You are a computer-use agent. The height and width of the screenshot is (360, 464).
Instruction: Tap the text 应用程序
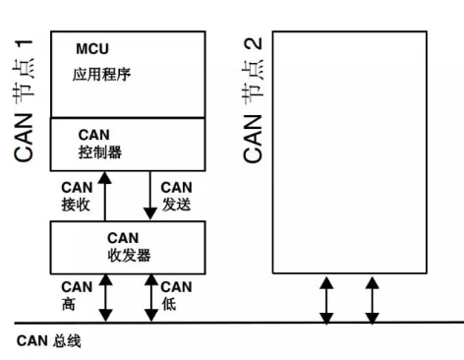click(x=100, y=75)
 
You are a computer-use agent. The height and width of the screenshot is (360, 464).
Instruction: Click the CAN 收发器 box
click(x=128, y=247)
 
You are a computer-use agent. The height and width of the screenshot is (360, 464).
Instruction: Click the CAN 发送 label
click(x=176, y=195)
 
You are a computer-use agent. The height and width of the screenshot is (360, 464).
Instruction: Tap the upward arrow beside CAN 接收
click(x=105, y=195)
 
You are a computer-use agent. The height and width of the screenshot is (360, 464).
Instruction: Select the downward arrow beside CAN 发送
click(x=149, y=195)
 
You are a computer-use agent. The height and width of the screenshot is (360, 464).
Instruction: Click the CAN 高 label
click(x=76, y=293)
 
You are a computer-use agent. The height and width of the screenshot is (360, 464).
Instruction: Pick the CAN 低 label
click(x=176, y=293)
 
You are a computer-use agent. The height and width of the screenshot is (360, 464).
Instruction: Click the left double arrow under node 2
click(x=326, y=299)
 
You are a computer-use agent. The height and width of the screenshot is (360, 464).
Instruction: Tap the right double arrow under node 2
click(x=371, y=299)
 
